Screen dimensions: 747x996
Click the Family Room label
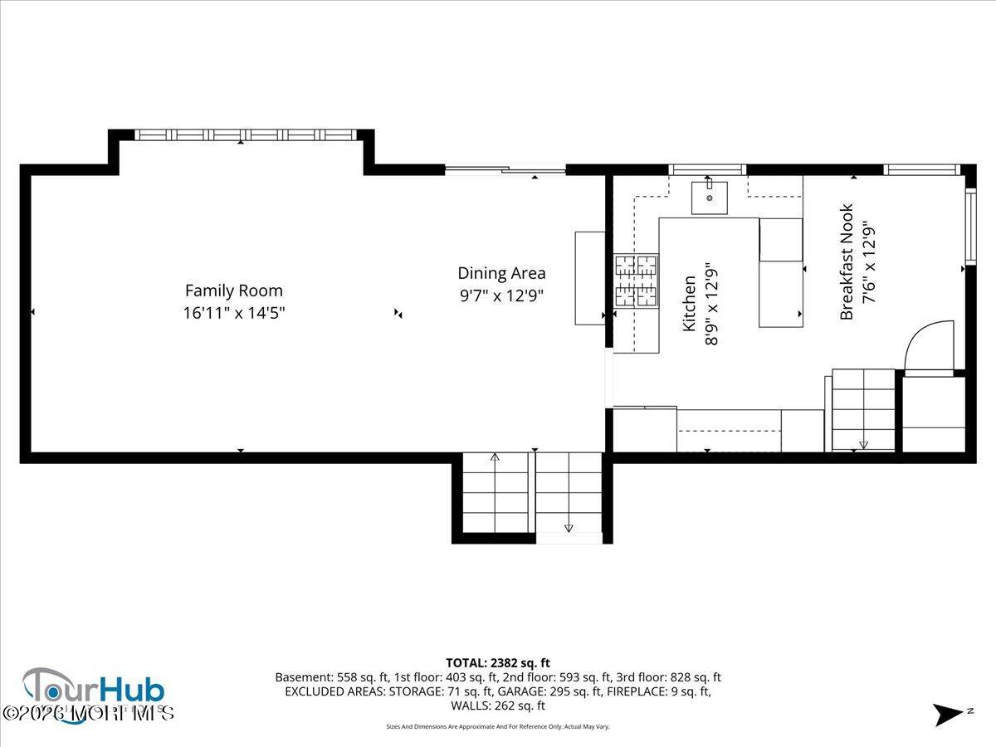coord(233,290)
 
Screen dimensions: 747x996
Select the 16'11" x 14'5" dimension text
coord(233,313)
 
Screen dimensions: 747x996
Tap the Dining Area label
coord(501,272)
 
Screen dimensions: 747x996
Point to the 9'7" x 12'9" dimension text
coord(501,295)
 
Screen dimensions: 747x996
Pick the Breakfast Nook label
coord(847,261)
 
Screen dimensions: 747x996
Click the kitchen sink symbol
coord(710,198)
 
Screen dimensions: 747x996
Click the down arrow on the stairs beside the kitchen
coord(863,443)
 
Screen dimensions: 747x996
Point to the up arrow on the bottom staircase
coord(496,458)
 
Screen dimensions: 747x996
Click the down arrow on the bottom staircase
coord(569,526)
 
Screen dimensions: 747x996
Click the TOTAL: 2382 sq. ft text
coord(498,662)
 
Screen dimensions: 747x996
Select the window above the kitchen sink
coord(708,170)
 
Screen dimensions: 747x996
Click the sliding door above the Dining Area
coord(505,170)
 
